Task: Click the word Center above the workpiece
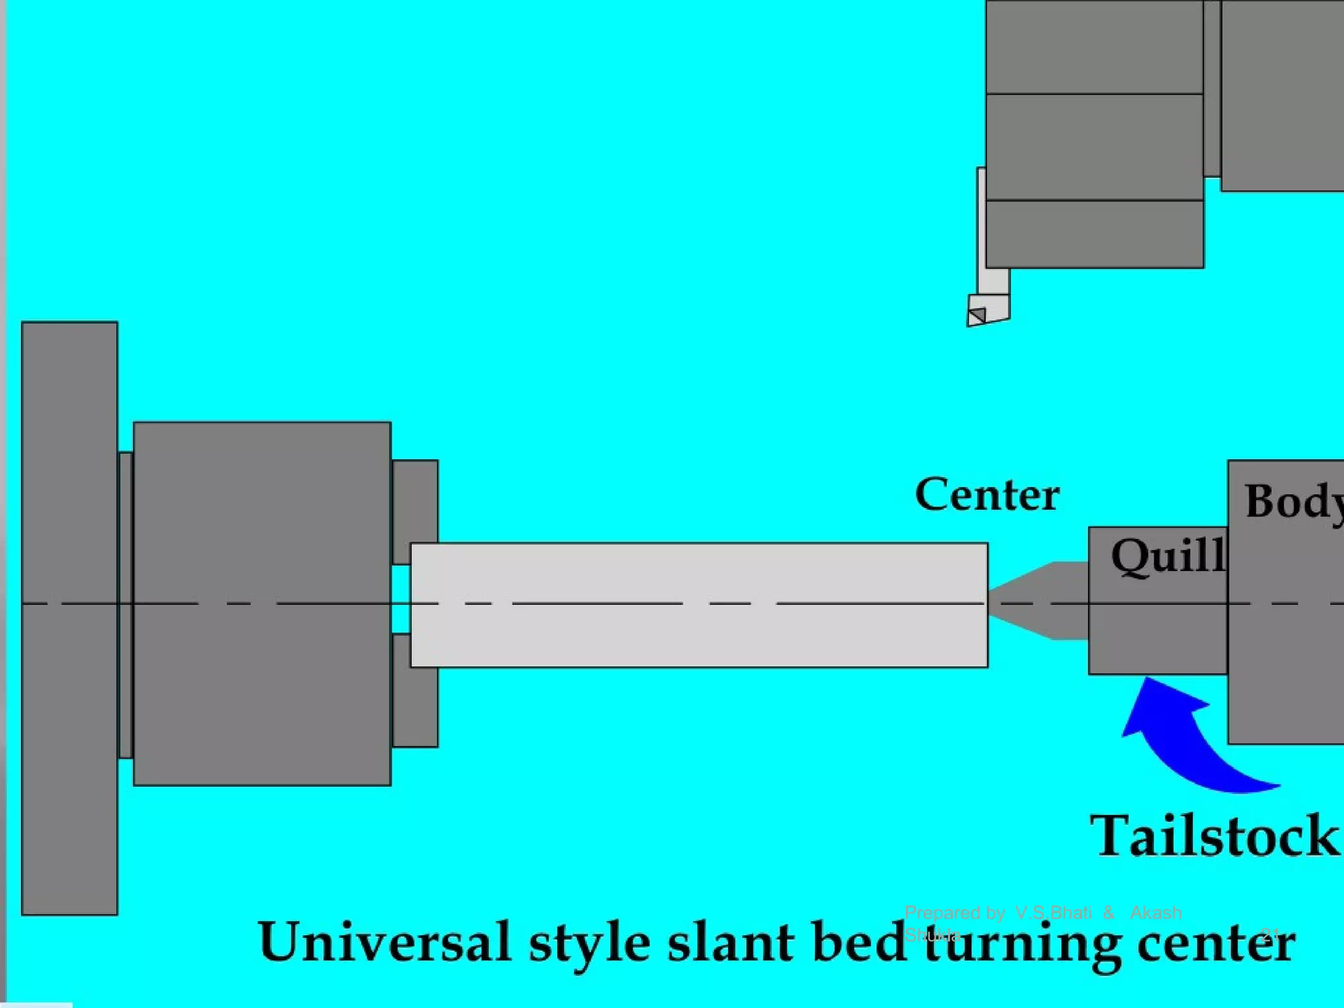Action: (986, 495)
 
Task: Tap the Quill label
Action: (1167, 557)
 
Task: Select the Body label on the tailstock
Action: (1291, 502)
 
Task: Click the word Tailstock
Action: (1214, 836)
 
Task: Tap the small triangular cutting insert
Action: (976, 317)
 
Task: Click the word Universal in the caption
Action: (385, 942)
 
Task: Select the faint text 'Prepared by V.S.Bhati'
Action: (997, 913)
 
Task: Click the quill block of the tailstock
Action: (1158, 630)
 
